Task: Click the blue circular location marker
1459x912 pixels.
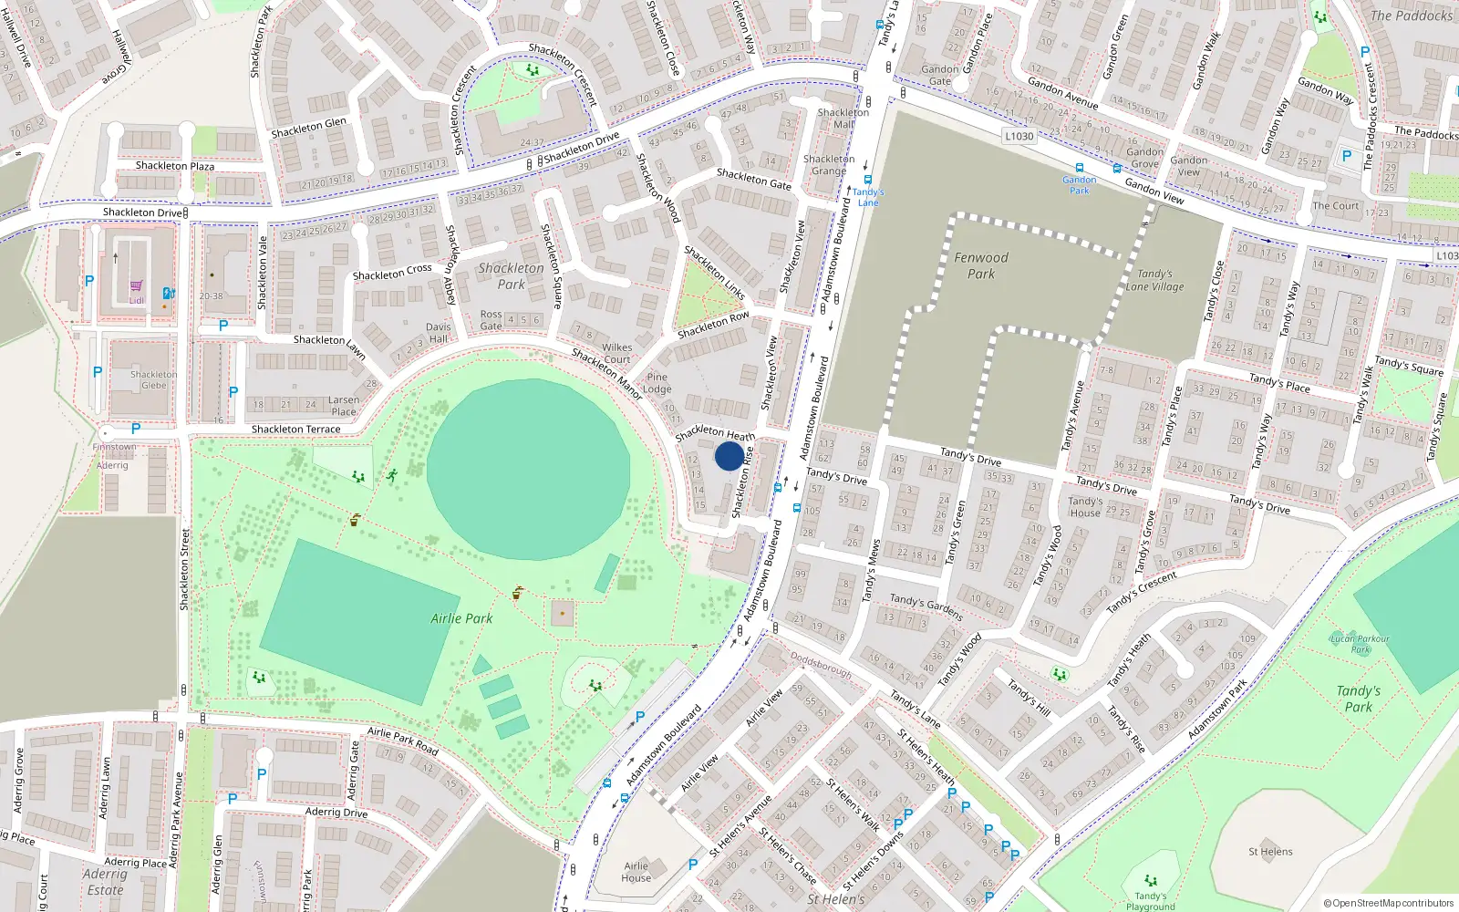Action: [x=729, y=456]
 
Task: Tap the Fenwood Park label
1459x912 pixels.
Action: [x=981, y=265]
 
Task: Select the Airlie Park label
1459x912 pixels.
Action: [x=461, y=618]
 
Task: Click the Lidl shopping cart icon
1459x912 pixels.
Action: [x=136, y=286]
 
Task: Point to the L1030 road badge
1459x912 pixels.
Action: [x=1019, y=137]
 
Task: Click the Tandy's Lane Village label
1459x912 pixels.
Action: [x=1154, y=280]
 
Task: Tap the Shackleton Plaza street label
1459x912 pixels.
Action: [x=175, y=166]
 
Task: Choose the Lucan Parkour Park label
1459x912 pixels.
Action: [x=1360, y=644]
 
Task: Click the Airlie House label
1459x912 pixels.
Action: [x=636, y=872]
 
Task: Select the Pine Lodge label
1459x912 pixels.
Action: [x=657, y=383]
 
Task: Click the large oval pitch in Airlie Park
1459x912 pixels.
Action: [x=528, y=470]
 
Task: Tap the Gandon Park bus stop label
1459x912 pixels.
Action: [x=1080, y=185]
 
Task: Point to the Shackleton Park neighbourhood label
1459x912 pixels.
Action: [x=511, y=275]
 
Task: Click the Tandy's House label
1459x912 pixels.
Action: [x=1085, y=507]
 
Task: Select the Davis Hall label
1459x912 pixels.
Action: [x=439, y=333]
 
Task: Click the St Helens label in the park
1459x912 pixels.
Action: [x=1270, y=852]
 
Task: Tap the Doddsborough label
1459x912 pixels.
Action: [x=821, y=665]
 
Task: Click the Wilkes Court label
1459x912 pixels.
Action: [x=617, y=353]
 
